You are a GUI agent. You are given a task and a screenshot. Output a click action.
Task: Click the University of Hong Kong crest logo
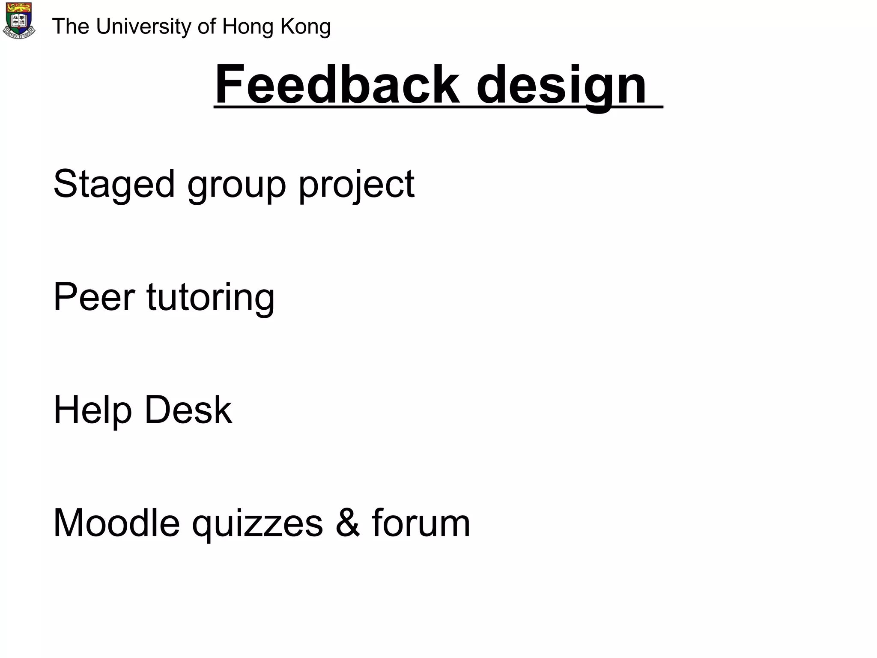pos(19,21)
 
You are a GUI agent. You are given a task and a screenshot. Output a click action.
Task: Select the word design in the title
pos(561,86)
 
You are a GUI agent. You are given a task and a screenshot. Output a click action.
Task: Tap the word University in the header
pos(144,27)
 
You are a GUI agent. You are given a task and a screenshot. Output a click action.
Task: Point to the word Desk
pos(188,410)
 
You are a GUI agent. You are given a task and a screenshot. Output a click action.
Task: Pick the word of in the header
pos(206,27)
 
